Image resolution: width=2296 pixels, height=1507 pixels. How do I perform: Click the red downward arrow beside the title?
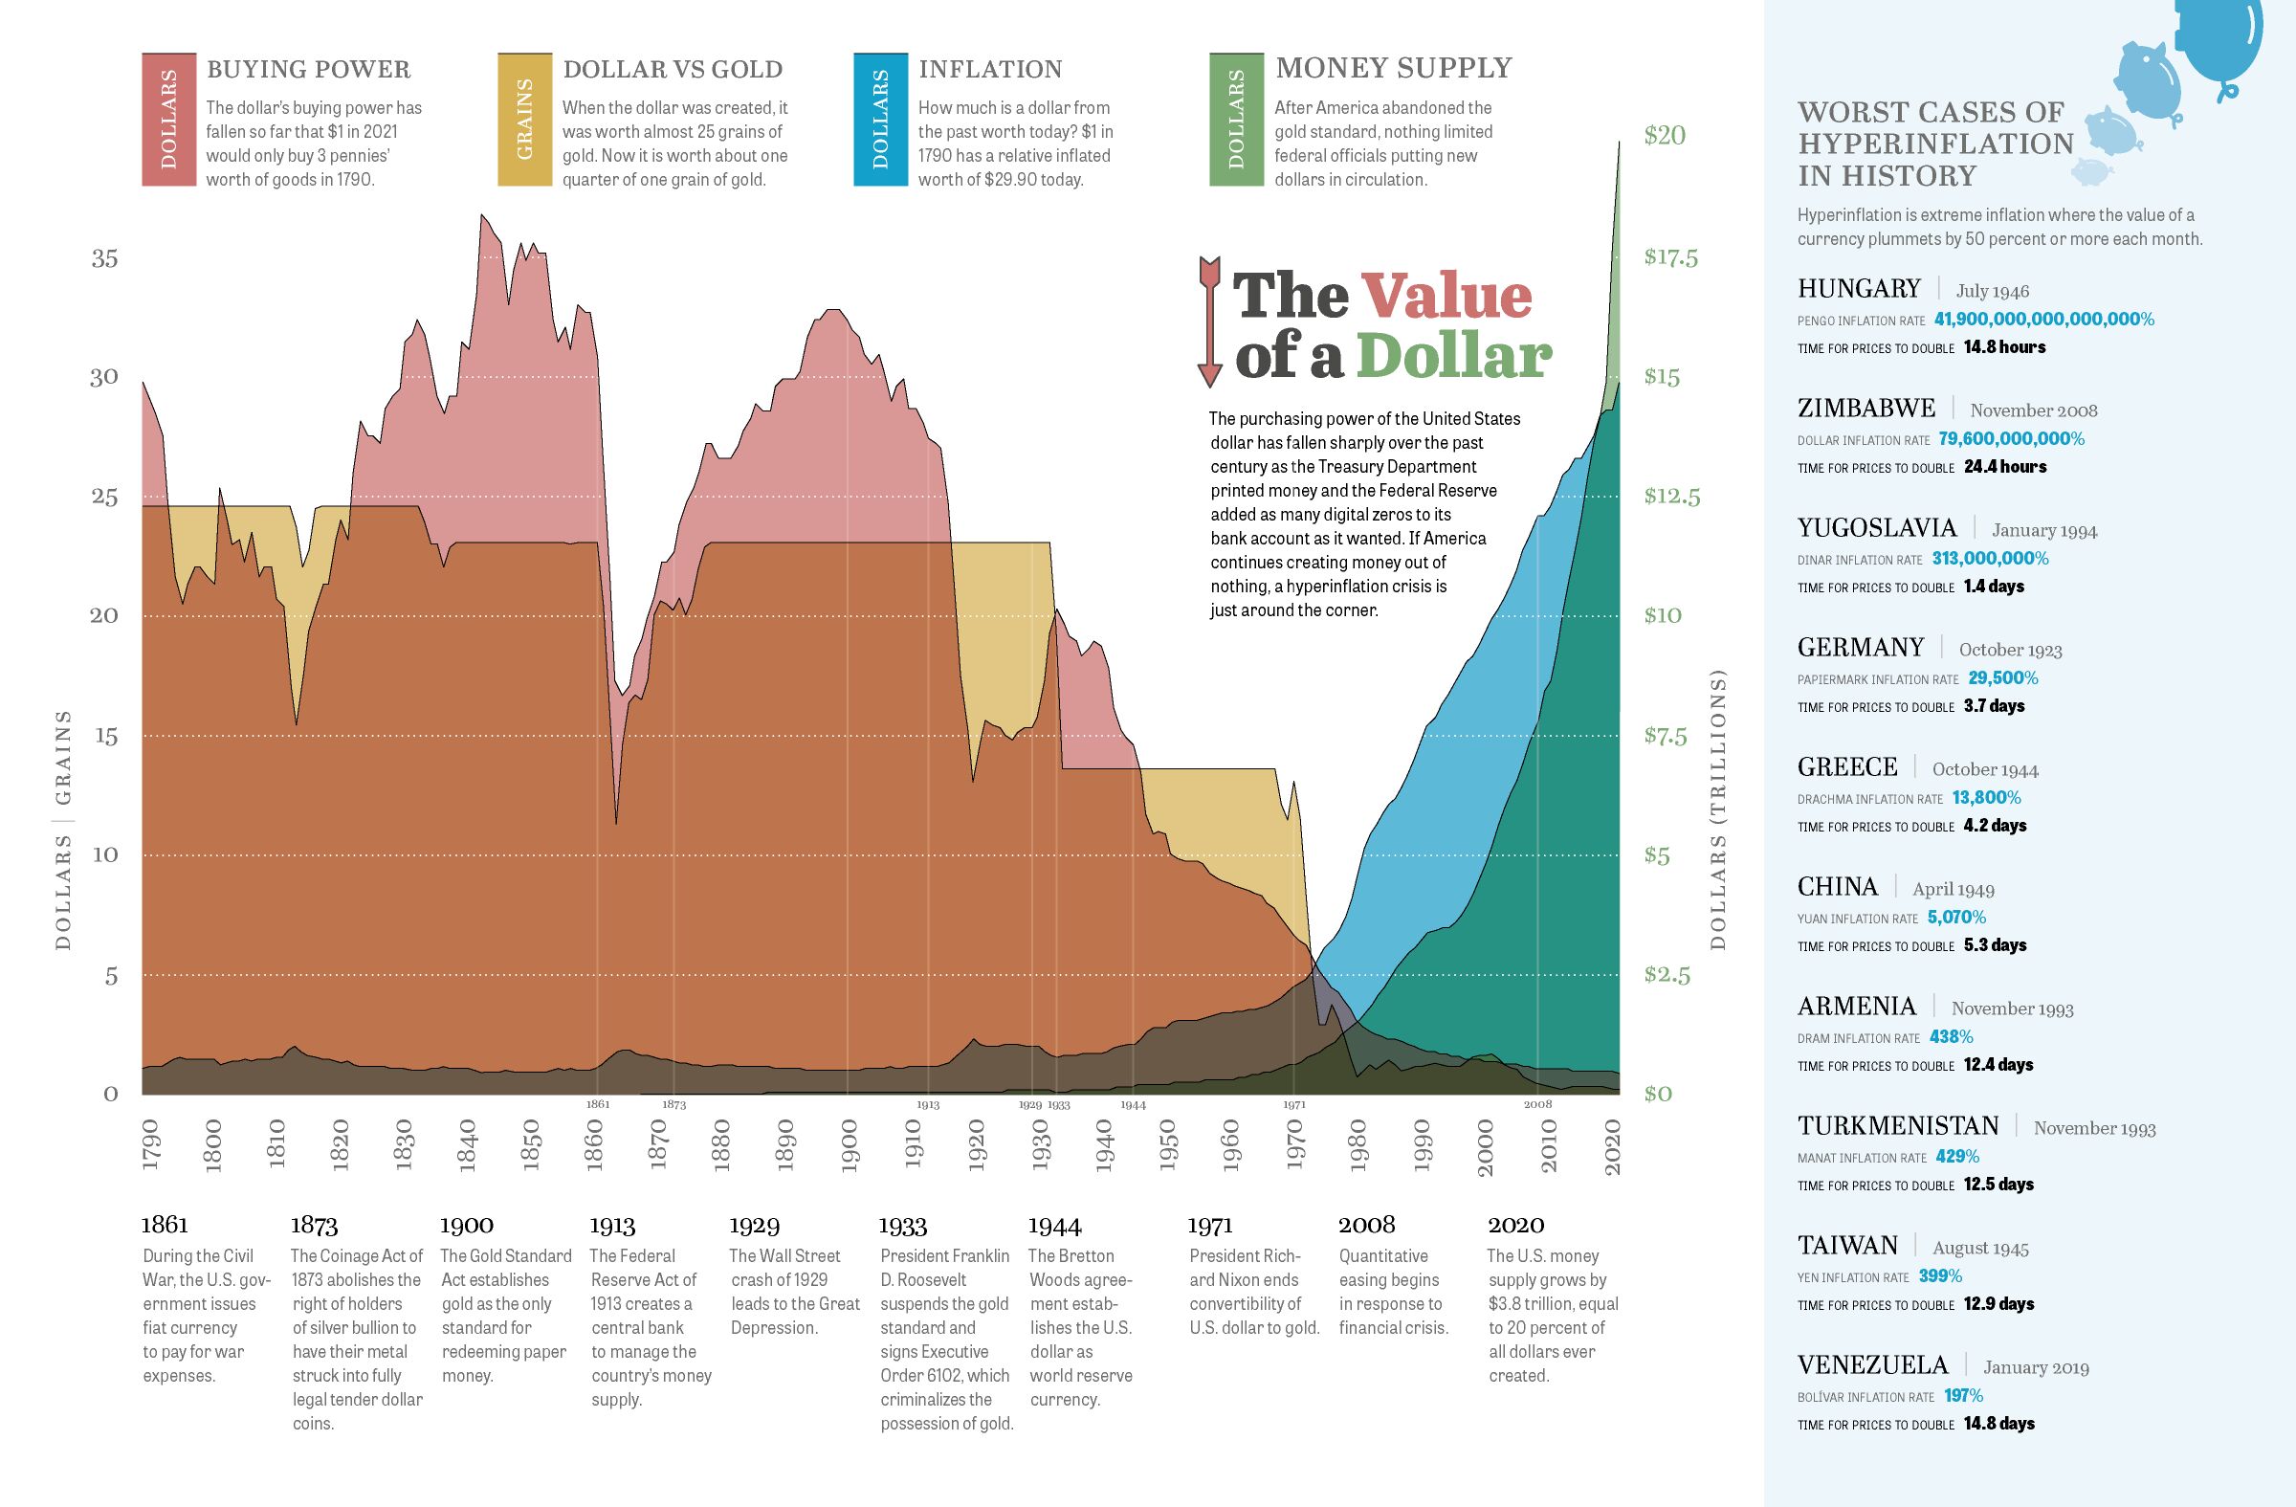1209,322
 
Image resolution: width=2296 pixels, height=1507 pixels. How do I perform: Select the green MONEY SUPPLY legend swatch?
1236,120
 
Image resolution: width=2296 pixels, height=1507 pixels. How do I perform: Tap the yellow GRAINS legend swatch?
524,120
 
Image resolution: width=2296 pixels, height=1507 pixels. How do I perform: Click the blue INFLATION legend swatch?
880,120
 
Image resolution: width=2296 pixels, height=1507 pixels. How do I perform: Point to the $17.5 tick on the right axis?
1671,257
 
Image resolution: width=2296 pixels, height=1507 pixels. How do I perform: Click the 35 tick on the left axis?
105,258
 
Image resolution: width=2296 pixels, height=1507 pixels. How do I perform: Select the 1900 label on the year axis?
849,1146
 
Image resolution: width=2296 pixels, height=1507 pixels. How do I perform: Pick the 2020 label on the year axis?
1612,1146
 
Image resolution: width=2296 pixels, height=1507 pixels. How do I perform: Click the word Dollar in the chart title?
1455,357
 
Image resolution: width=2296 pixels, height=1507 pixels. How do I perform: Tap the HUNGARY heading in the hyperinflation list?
1859,288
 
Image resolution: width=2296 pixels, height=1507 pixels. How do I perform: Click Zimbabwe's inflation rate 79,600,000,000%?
2012,439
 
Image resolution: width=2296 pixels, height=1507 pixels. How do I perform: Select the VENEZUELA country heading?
1872,1365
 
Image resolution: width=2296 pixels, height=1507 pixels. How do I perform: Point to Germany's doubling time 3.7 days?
1994,706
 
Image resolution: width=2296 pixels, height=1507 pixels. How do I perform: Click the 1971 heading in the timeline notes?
1210,1226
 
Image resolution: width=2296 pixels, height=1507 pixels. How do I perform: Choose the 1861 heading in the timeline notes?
164,1226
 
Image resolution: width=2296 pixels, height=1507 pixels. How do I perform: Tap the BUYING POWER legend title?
309,70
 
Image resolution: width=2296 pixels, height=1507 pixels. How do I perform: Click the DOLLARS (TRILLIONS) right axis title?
1717,810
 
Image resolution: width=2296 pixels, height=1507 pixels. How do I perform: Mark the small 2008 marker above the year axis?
1537,1105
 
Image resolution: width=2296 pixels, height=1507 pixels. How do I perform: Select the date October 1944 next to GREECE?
1984,770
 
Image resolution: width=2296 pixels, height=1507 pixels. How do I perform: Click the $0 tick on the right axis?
1657,1094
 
